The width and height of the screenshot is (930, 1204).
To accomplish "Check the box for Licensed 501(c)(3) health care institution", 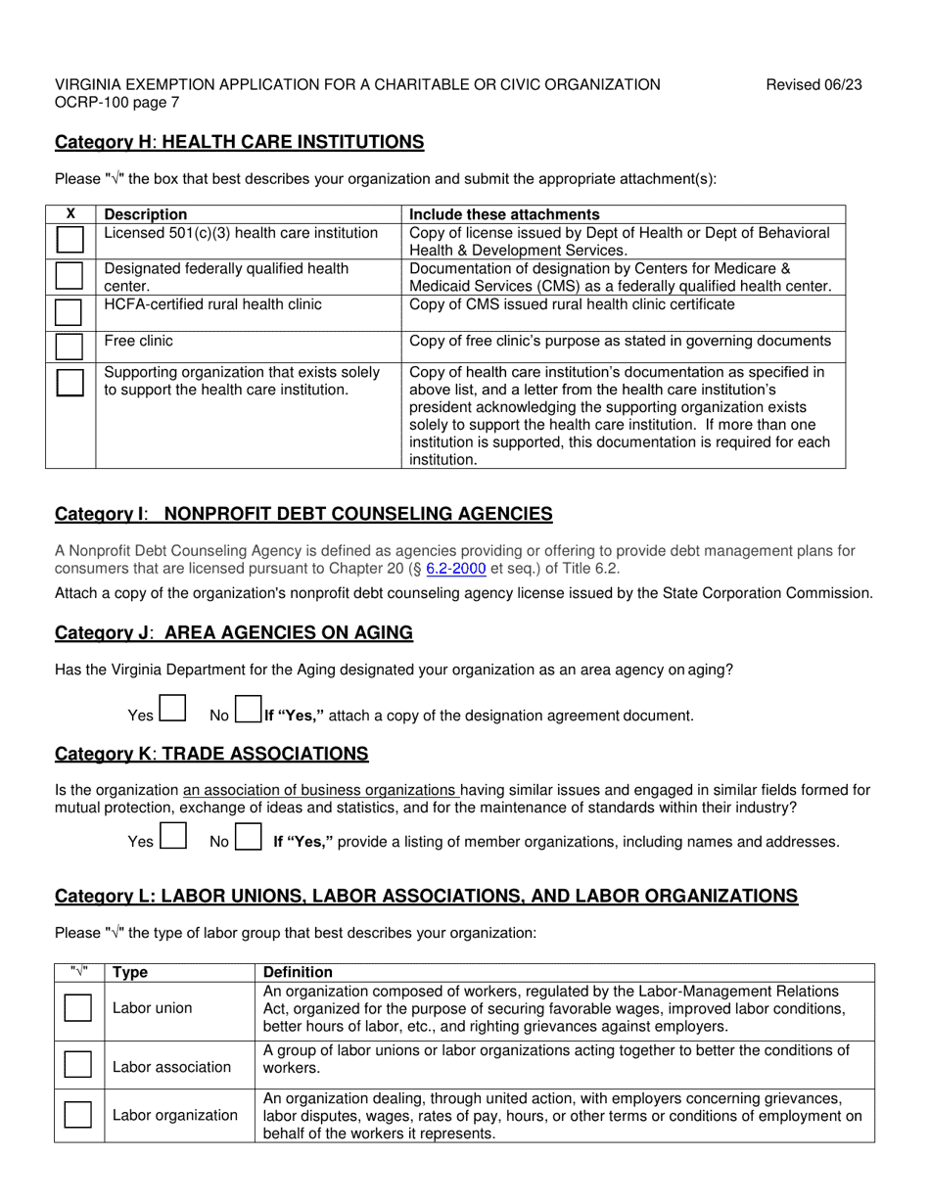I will pos(70,240).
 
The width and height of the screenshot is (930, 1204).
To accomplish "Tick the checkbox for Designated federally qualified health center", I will pos(70,275).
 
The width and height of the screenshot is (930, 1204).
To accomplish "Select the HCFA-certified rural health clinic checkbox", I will pos(70,311).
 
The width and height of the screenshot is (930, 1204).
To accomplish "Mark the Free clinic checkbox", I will pos(70,346).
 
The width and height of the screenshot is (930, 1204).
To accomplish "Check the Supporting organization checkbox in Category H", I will pos(70,382).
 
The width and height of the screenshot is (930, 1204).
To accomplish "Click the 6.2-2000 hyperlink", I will pos(456,568).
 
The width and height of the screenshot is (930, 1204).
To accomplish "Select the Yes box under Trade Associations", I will pos(172,836).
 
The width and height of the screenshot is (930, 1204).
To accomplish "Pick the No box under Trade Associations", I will pos(249,836).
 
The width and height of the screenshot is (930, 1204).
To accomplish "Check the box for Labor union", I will pos(78,1007).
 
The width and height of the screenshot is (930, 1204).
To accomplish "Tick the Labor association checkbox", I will pos(78,1064).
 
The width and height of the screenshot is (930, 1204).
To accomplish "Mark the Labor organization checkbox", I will pos(78,1114).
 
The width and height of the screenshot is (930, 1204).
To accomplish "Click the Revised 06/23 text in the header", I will pos(814,85).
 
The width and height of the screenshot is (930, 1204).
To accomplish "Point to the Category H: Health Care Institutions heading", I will pos(240,143).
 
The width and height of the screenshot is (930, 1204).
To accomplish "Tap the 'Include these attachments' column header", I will pos(504,214).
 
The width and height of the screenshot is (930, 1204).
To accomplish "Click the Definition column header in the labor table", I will pos(298,972).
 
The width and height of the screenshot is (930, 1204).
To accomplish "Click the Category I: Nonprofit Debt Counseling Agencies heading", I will pos(303,515).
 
